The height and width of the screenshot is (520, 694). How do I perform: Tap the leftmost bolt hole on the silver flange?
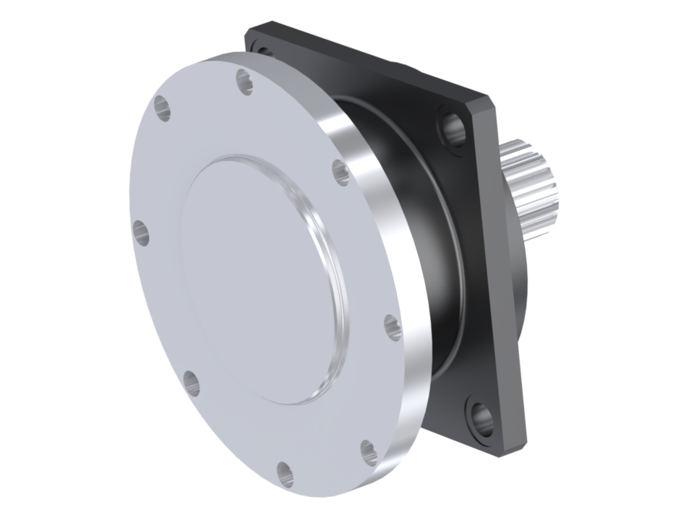point(141,233)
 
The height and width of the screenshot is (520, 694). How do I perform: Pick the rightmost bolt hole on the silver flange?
point(393,327)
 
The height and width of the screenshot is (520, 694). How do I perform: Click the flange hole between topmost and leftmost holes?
point(163,109)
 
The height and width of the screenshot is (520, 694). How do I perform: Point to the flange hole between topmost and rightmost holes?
point(341,172)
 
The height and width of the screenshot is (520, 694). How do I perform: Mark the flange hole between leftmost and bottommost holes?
point(192,382)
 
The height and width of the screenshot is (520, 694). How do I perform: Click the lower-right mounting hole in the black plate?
point(481,418)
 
